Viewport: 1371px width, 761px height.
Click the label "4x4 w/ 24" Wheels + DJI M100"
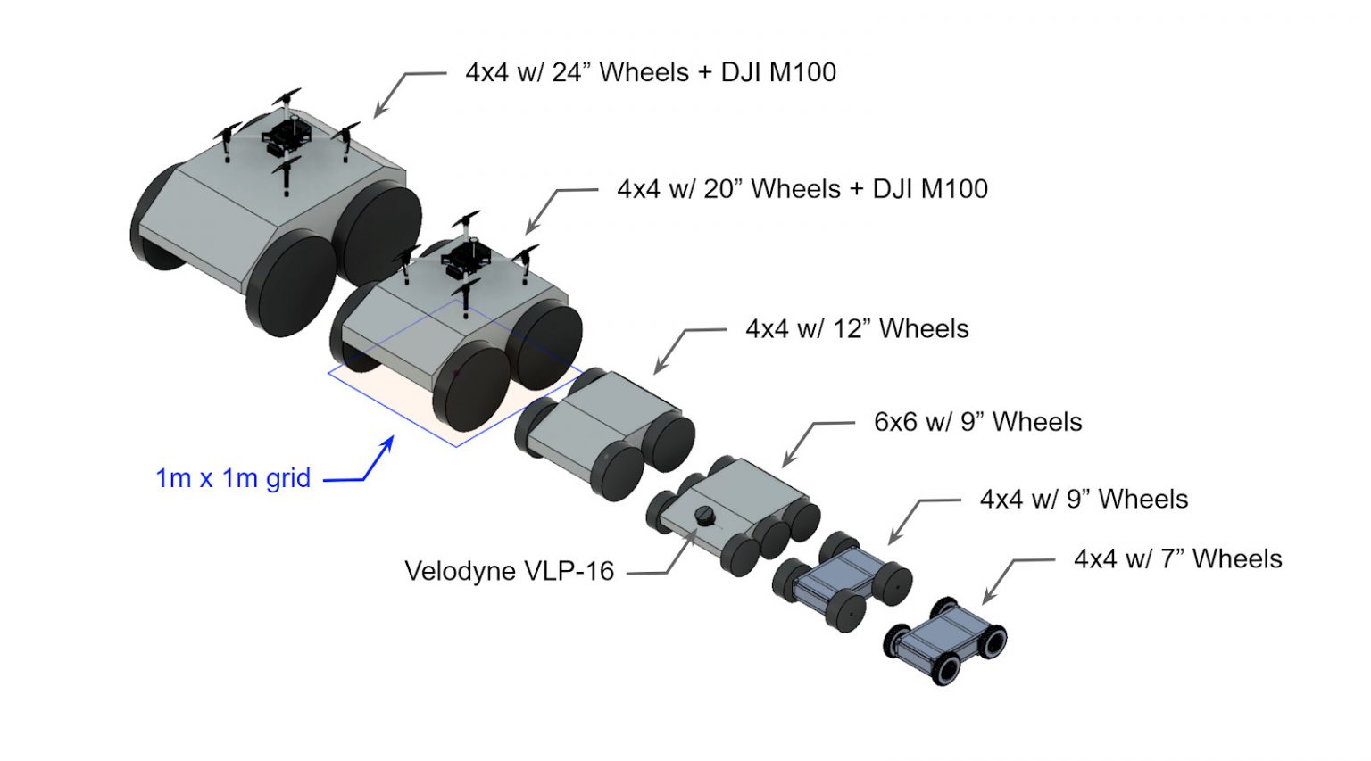click(x=651, y=72)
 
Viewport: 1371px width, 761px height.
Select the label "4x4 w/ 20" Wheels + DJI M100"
click(x=802, y=189)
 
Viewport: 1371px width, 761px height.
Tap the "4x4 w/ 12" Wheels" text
click(x=857, y=329)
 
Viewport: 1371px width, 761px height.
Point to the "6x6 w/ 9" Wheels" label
click(x=977, y=422)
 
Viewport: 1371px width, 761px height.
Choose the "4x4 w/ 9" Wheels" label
click(x=1084, y=499)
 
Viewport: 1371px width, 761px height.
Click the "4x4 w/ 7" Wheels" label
click(x=1177, y=559)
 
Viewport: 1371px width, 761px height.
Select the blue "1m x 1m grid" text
click(x=233, y=478)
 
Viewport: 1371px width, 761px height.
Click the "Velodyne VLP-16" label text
click(x=509, y=571)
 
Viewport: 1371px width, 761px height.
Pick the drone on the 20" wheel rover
click(x=466, y=259)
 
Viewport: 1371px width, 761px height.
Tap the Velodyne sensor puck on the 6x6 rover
click(x=705, y=516)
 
